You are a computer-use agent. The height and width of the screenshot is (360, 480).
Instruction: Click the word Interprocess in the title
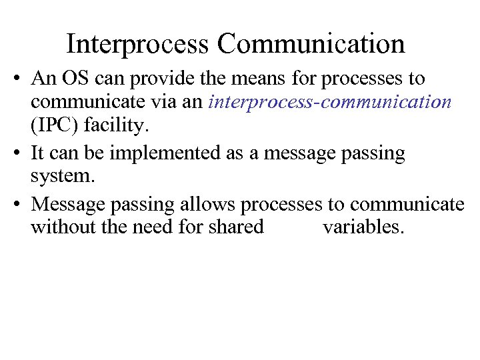click(x=137, y=44)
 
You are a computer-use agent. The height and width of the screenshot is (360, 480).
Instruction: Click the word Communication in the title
click(x=311, y=44)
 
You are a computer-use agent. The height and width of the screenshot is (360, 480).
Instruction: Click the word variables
click(x=363, y=227)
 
